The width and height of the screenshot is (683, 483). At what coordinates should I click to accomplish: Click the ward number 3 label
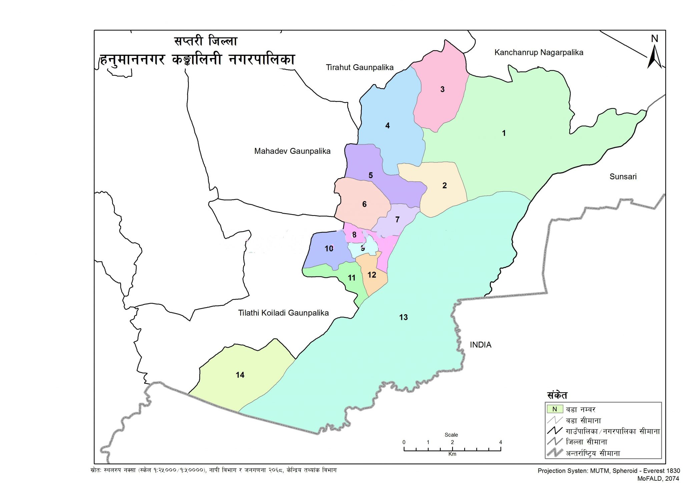tap(442, 89)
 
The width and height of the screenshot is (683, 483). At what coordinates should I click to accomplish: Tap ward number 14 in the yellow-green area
tap(240, 375)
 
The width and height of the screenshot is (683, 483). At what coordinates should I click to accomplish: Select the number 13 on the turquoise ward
tap(403, 317)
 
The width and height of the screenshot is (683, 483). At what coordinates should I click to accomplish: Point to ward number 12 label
tap(372, 275)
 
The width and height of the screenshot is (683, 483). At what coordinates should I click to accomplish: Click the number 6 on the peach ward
tap(364, 204)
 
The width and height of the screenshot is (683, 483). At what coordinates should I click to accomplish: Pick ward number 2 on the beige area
tap(444, 186)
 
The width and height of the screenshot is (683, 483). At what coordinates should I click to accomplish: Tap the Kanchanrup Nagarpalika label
tap(539, 52)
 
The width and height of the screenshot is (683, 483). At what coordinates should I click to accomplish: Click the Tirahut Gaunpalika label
tap(360, 67)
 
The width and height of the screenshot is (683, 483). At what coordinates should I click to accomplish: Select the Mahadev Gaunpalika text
tap(292, 151)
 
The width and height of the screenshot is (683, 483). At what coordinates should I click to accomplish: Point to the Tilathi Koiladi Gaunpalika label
tap(283, 313)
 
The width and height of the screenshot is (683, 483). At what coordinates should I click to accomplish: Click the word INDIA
tap(480, 345)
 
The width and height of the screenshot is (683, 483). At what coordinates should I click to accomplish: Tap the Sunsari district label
tap(623, 177)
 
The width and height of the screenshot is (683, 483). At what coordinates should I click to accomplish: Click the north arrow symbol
tap(654, 55)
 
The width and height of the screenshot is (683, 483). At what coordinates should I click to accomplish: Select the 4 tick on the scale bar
tap(500, 442)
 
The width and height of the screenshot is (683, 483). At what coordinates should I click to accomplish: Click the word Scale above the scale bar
tap(451, 435)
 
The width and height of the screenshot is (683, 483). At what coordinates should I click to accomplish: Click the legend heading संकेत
tap(557, 396)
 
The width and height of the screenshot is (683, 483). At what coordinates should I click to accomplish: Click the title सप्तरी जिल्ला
tap(205, 41)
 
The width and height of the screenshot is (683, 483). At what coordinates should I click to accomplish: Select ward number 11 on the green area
tap(352, 278)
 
